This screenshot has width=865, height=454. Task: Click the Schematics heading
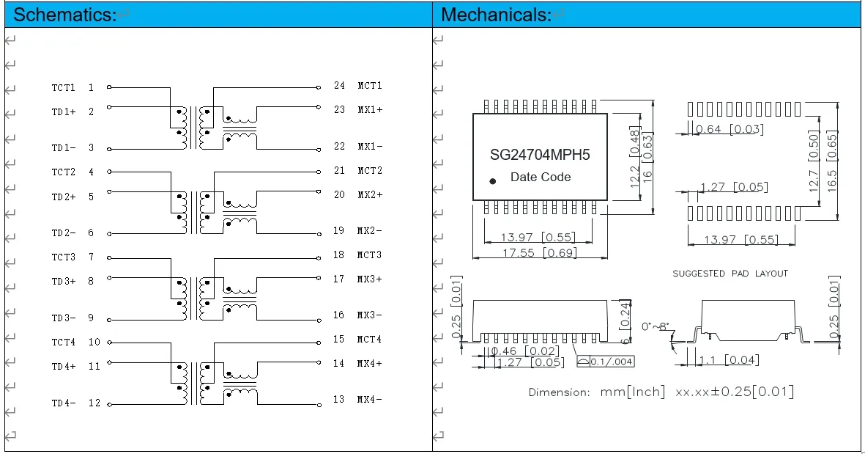64,14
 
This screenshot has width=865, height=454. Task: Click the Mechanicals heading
496,14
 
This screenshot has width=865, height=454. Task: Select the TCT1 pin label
63,87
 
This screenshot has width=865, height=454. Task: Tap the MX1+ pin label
370,110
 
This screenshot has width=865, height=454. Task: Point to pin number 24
339,86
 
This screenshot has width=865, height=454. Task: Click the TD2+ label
63,197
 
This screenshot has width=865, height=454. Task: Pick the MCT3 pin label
370,255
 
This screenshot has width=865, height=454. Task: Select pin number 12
94,403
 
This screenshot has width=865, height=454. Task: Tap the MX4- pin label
370,400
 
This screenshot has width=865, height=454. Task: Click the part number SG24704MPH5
540,155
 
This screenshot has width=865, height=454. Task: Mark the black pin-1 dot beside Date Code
493,180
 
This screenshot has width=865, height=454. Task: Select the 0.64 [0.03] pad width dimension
729,130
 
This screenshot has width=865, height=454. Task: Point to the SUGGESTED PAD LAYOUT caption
730,274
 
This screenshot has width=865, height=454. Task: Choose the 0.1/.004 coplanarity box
605,362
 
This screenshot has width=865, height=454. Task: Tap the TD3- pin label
63,318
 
